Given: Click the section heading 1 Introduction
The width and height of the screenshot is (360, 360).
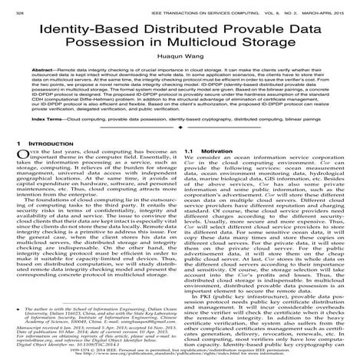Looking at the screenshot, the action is [x=38, y=187].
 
